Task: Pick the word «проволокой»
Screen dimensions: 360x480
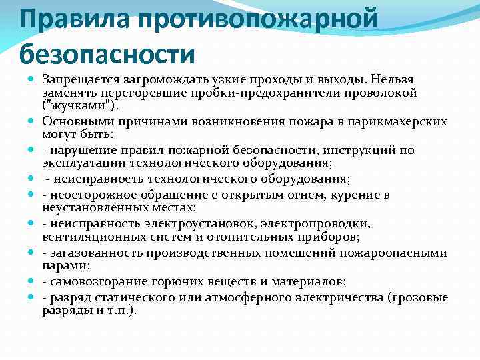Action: (x=377, y=92)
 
